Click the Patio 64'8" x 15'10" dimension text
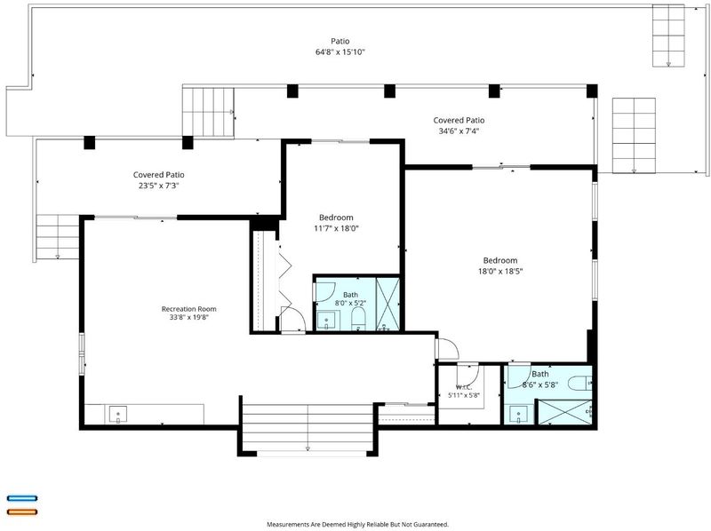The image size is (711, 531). (x=340, y=52)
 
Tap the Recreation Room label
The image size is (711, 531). (x=189, y=309)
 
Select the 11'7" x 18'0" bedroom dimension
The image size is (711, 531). (x=337, y=228)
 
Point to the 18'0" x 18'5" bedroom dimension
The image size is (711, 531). (x=500, y=272)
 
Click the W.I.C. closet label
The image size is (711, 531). (x=464, y=387)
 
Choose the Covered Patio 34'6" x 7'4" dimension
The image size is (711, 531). (x=459, y=131)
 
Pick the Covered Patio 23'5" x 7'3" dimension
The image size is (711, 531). (x=159, y=186)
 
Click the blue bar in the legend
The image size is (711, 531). (x=22, y=498)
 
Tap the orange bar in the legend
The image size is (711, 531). (x=22, y=512)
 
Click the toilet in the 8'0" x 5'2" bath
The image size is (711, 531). (x=358, y=319)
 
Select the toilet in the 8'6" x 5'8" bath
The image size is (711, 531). (x=579, y=384)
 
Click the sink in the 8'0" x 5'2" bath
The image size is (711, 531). (x=326, y=321)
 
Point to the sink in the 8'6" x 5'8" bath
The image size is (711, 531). (x=519, y=415)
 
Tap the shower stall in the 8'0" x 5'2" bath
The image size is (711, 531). (x=388, y=304)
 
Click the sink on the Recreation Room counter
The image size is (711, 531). (x=118, y=414)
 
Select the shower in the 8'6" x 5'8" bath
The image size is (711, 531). (x=565, y=412)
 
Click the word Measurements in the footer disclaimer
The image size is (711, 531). (x=288, y=524)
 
